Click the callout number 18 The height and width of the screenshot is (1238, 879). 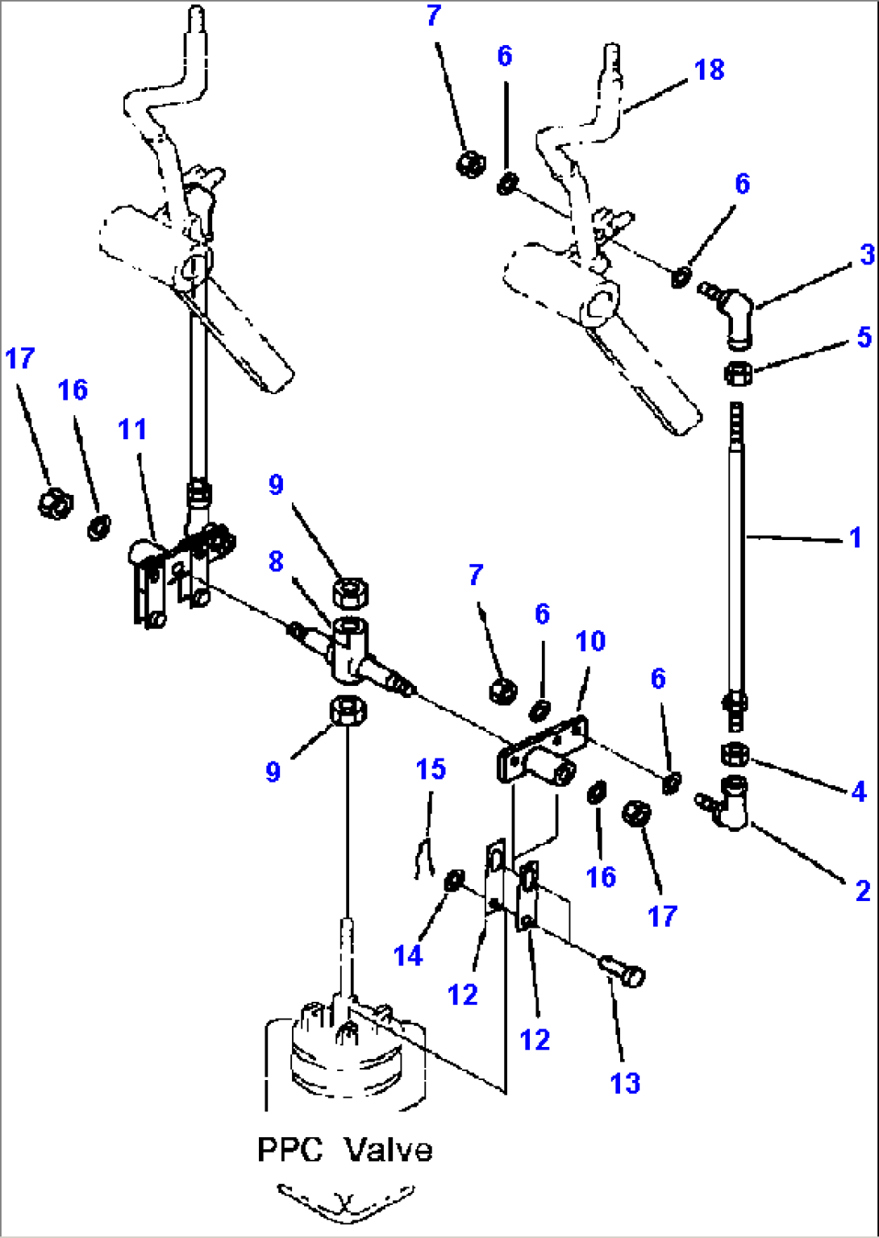(x=709, y=70)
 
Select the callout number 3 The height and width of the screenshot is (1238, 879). (x=866, y=255)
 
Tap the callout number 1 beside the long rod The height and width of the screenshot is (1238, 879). (x=856, y=538)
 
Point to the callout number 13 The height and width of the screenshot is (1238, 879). (x=625, y=1083)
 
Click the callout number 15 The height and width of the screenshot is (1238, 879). (x=431, y=770)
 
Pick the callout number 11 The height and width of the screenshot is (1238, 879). (x=133, y=430)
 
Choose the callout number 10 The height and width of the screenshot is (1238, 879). (x=590, y=642)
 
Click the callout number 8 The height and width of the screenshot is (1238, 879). (x=276, y=561)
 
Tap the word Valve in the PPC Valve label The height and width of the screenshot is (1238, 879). (x=389, y=1149)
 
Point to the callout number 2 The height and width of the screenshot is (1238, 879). (x=862, y=891)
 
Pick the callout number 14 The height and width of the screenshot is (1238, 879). (x=408, y=956)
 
